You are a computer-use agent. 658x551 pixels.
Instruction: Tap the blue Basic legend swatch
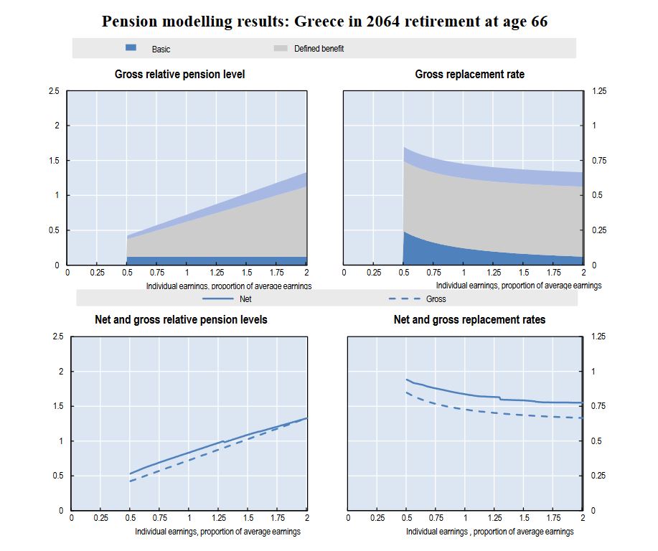(x=131, y=48)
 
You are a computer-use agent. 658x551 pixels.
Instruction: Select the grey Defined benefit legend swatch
(x=281, y=48)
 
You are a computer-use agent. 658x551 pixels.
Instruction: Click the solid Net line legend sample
(x=218, y=298)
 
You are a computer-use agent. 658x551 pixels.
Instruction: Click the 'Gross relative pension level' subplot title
(x=180, y=75)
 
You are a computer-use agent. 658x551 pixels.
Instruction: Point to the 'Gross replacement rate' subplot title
(x=469, y=75)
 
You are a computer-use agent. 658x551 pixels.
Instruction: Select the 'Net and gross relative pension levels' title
(x=181, y=320)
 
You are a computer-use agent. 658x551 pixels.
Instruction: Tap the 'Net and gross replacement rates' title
(x=469, y=320)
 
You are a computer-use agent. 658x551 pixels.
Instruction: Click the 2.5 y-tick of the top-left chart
(x=55, y=91)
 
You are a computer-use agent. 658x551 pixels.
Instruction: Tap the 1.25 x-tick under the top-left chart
(x=217, y=273)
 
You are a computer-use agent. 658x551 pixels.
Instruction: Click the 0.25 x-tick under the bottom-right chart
(x=377, y=519)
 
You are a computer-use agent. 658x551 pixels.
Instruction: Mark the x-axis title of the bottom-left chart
(x=217, y=532)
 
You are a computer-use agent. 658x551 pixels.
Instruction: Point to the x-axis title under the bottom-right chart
(x=489, y=532)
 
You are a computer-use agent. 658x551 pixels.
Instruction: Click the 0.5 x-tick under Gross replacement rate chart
(x=403, y=273)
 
